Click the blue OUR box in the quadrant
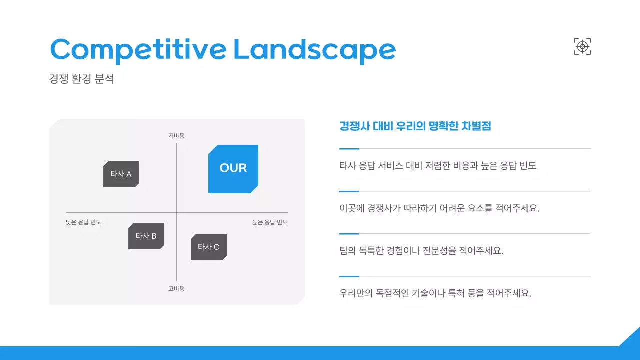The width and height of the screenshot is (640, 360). tap(233, 169)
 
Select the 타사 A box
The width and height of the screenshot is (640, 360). tap(121, 174)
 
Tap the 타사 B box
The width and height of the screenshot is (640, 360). tap(146, 236)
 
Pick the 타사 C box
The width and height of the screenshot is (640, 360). tap(208, 247)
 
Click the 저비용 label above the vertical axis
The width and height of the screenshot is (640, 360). tap(176, 136)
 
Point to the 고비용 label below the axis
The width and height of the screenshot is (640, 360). tap(176, 289)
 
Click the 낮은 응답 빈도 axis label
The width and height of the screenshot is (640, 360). tap(83, 222)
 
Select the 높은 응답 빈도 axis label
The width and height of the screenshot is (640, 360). tap(270, 222)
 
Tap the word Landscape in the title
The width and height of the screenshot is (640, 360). tap(314, 49)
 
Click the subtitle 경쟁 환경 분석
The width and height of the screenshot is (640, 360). tap(82, 79)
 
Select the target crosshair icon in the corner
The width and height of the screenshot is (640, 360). tap(582, 47)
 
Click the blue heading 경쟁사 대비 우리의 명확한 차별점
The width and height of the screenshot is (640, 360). tap(415, 126)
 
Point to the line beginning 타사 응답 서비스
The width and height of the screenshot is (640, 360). tap(437, 166)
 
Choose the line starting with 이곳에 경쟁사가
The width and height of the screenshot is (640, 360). tap(439, 208)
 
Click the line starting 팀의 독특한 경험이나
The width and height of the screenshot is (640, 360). tap(421, 251)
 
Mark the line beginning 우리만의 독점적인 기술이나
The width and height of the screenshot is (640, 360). tap(435, 293)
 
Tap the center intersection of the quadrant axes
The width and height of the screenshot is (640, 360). tap(177, 212)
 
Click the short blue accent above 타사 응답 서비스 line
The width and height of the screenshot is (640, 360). tap(349, 149)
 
